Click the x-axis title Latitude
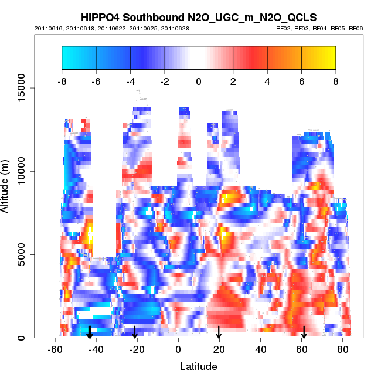tap(198, 367)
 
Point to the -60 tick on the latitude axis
tap(55, 351)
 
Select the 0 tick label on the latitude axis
tap(178, 351)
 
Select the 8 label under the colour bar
tap(336, 81)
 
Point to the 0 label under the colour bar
tap(199, 81)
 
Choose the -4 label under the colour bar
tap(130, 81)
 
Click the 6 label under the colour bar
tap(302, 81)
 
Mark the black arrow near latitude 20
tap(219, 333)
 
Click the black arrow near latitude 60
tap(304, 333)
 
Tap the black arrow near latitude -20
tap(135, 333)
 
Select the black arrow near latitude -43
tap(90, 333)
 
